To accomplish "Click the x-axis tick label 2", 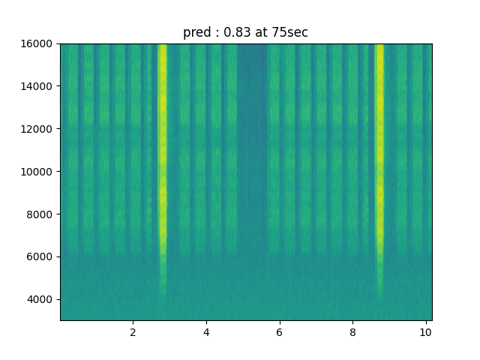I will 133,332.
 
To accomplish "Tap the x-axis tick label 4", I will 206,332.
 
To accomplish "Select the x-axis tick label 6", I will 279,332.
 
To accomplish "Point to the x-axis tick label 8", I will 352,332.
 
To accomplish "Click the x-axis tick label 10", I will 425,332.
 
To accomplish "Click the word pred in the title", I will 196,33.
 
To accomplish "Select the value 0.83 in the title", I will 235,33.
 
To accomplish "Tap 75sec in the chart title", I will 289,33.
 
